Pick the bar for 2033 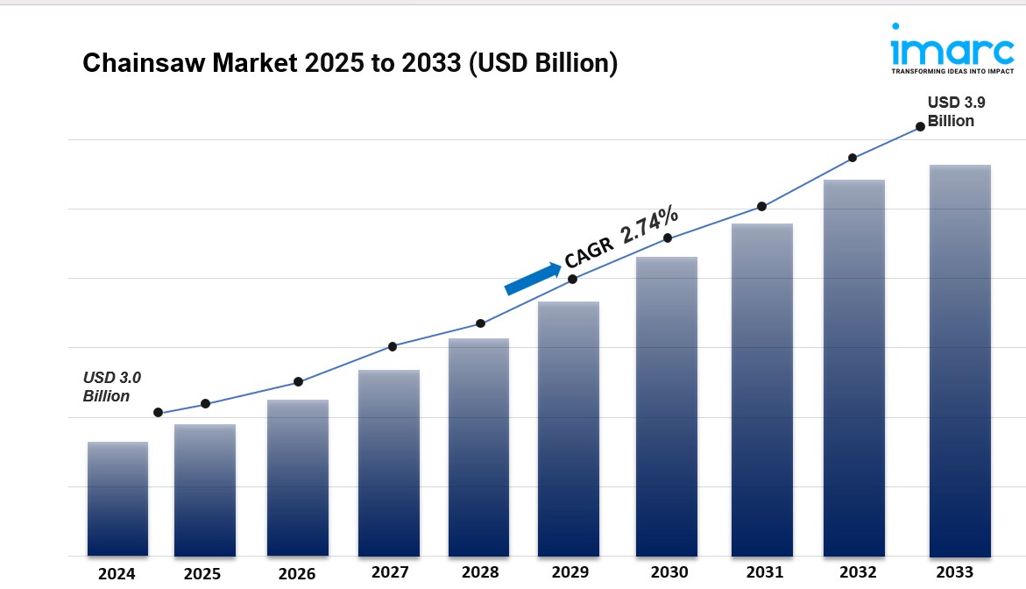(x=959, y=360)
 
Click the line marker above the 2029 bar (x=573, y=279)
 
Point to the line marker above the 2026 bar (x=298, y=381)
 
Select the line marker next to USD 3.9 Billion (x=920, y=126)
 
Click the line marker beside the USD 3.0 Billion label (x=159, y=412)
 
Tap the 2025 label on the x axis (x=202, y=575)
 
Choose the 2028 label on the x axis (x=480, y=572)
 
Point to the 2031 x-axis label (x=765, y=572)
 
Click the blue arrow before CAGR (x=533, y=277)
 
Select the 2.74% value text (x=648, y=224)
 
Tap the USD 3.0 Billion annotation (x=111, y=387)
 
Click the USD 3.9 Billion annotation (x=951, y=112)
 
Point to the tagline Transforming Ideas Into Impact (x=952, y=71)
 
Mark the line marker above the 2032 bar (x=852, y=158)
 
